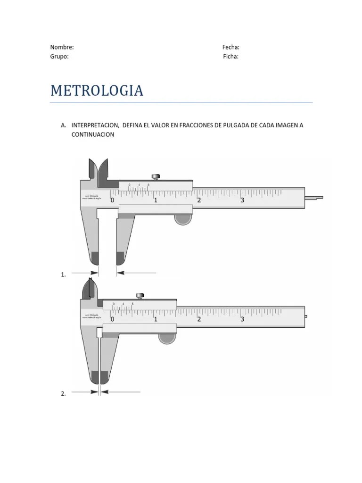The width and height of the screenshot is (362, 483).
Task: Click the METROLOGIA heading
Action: (97, 91)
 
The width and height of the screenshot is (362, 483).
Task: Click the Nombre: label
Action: (62, 47)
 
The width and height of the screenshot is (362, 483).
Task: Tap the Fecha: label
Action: (231, 47)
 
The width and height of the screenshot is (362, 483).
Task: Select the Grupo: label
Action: (59, 57)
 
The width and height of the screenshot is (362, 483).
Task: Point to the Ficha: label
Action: (231, 57)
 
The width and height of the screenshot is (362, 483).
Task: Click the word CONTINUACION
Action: (92, 134)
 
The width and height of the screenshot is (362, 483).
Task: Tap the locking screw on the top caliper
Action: (156, 177)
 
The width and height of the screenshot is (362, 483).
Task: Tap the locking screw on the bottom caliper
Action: (140, 296)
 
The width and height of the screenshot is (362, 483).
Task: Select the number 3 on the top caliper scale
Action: (242, 200)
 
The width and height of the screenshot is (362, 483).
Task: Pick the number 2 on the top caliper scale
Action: (199, 200)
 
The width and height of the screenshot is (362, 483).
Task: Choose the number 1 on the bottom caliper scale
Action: (156, 319)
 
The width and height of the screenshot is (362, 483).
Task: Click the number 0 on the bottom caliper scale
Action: (112, 319)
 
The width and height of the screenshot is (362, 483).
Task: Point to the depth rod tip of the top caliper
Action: (314, 197)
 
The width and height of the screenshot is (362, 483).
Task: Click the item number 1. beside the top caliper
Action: (63, 275)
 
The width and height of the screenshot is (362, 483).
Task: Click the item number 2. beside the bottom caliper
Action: (63, 394)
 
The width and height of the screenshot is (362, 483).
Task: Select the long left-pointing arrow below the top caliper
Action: (137, 273)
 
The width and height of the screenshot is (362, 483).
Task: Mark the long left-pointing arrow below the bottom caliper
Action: (121, 391)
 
